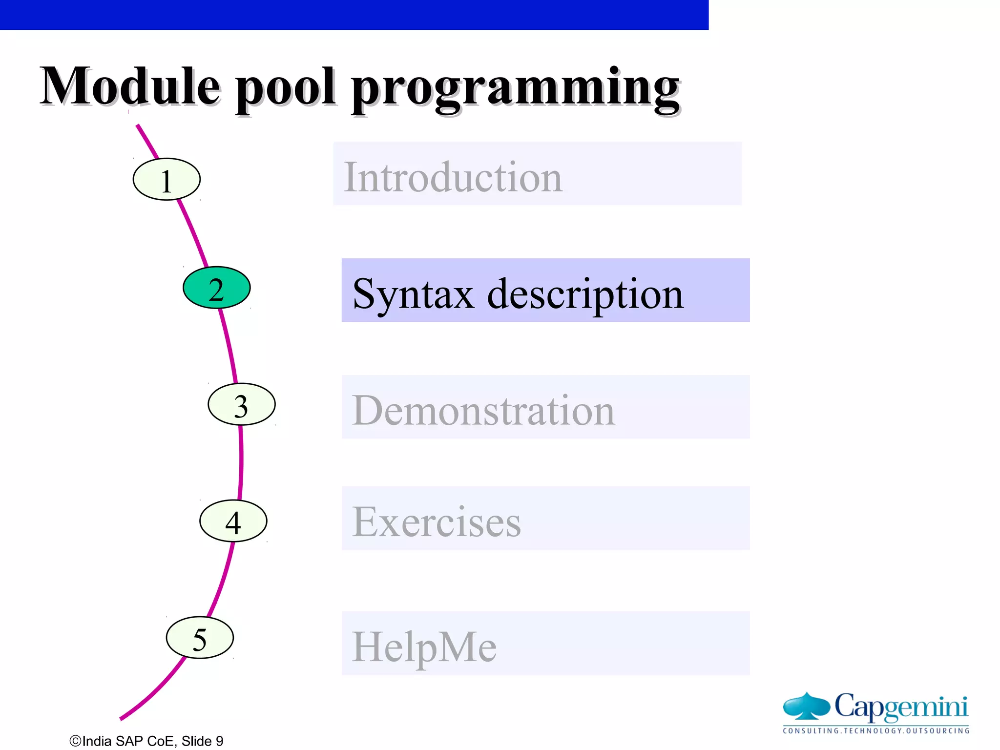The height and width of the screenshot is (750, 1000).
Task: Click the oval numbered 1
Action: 167,179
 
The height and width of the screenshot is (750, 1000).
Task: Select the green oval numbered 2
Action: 216,288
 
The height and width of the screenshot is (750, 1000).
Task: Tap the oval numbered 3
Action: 241,404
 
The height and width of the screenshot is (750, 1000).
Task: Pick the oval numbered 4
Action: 233,521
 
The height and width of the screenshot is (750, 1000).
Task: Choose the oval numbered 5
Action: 200,638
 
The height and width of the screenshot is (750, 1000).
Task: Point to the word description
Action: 585,295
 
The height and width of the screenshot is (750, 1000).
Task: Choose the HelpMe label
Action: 424,647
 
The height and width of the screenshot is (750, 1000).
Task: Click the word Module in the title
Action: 130,86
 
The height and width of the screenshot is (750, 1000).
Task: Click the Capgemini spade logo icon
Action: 806,706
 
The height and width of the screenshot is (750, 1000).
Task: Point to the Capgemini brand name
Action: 901,706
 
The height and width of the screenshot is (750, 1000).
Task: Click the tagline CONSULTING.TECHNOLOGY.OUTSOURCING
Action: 876,731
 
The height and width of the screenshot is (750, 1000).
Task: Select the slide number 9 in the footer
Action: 219,741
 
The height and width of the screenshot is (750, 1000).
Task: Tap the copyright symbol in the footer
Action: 75,741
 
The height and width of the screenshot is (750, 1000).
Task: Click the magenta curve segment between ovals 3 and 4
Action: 241,461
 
